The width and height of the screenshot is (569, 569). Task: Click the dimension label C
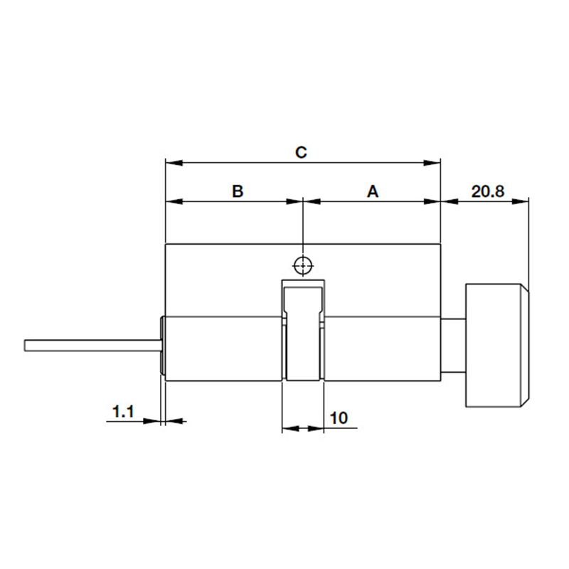pos(301,152)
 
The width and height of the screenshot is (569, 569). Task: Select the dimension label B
pos(238,191)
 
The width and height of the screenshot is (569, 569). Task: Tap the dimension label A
pos(372,191)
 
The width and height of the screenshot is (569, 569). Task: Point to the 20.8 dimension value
pos(487,191)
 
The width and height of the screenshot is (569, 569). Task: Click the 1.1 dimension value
pos(123,410)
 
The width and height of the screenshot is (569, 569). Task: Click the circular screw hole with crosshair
pos(303,265)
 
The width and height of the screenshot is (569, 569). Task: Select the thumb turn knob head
pos(496,346)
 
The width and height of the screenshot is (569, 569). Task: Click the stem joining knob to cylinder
pos(453,346)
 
